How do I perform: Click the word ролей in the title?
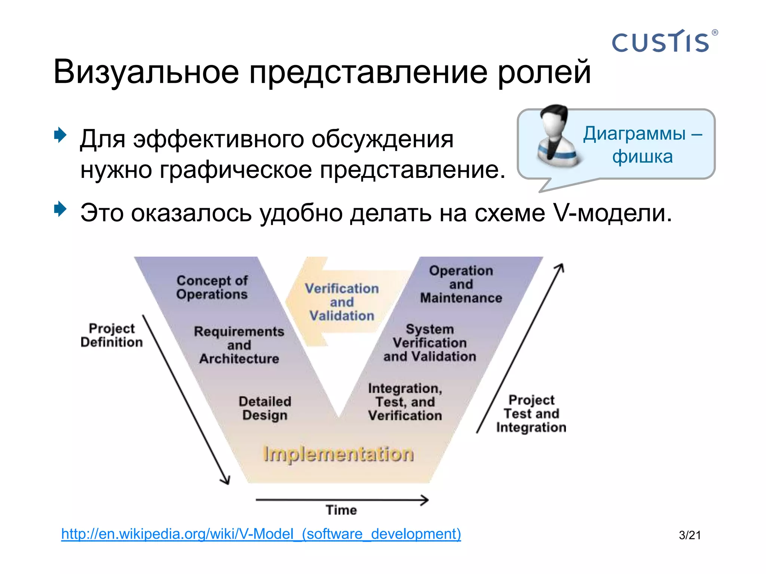544,72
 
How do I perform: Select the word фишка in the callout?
642,157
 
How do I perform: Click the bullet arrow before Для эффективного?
60,135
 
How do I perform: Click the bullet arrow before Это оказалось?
60,209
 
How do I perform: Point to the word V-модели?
612,213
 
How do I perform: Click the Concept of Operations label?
212,287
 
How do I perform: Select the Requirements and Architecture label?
239,345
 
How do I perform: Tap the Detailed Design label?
265,408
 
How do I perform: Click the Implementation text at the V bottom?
338,454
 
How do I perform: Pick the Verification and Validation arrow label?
341,302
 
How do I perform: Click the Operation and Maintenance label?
461,284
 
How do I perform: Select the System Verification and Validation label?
430,343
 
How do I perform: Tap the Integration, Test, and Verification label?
405,402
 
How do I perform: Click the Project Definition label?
111,335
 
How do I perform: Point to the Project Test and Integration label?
531,414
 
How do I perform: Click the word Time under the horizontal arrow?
341,510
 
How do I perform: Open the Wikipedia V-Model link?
261,534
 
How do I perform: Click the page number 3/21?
690,535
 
